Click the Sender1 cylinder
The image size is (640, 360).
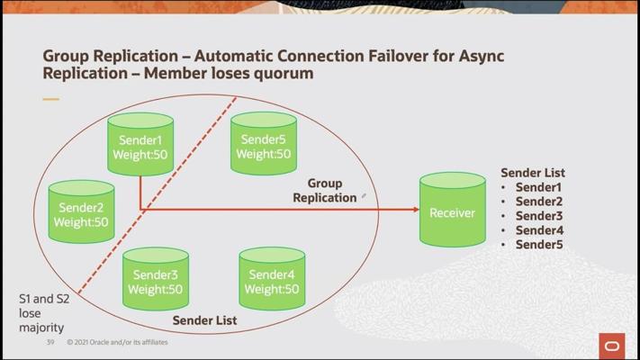pos(140,147)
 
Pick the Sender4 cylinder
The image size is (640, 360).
pos(271,281)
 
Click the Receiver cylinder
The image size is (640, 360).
pos(452,211)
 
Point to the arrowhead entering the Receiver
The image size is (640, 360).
pos(415,210)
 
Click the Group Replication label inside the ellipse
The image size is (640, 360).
pos(324,191)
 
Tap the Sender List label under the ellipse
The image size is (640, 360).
pos(205,320)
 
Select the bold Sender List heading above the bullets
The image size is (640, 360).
pos(533,173)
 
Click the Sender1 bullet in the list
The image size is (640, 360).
pos(538,187)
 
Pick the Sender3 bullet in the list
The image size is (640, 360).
pos(538,216)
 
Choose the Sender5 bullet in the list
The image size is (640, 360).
pos(538,245)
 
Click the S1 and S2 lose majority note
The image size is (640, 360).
pos(41,313)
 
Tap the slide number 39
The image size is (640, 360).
pos(51,342)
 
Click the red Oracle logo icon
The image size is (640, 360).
pos(612,346)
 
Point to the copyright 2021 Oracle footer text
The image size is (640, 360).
pos(117,342)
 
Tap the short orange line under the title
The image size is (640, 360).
pos(50,99)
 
